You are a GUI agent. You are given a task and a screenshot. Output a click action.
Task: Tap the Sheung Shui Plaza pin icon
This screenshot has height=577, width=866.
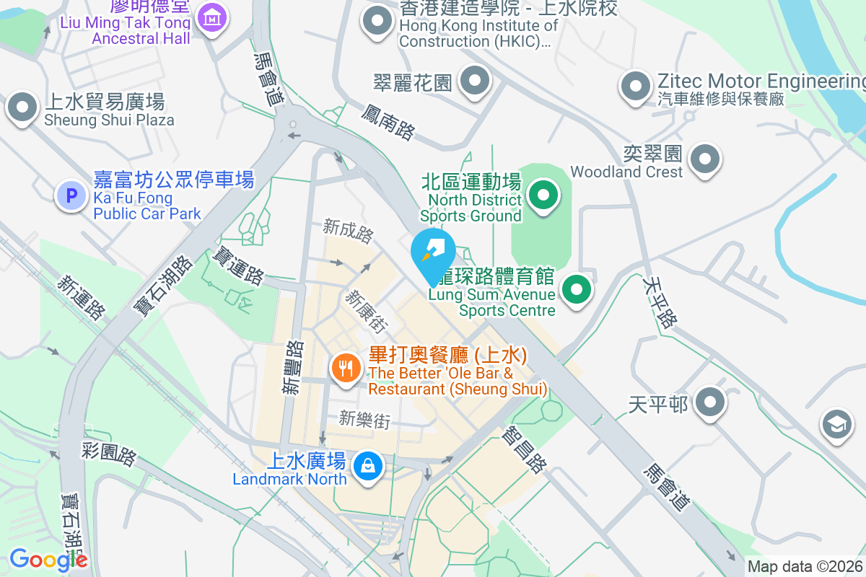coord(22,108)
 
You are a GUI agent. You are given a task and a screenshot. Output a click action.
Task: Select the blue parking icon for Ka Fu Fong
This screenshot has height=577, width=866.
coord(71,195)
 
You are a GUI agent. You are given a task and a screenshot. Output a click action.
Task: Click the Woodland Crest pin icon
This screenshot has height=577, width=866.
coord(705,159)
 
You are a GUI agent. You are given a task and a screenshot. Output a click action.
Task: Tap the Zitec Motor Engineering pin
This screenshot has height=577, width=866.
coord(636,87)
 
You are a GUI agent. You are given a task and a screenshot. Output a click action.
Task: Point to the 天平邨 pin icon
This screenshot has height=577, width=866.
coord(711,402)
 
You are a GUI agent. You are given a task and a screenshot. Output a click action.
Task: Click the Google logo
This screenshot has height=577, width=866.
coord(48,559)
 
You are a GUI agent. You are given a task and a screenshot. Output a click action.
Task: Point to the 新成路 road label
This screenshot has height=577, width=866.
coord(349,232)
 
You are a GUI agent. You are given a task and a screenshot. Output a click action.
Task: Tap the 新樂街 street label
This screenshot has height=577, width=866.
coord(364,419)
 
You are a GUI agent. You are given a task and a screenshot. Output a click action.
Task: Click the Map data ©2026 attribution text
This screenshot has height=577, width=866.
coord(805,567)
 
